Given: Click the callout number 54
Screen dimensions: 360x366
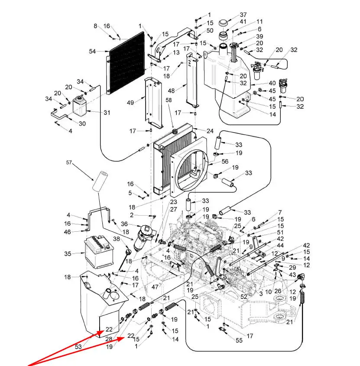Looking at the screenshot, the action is [x=92, y=51].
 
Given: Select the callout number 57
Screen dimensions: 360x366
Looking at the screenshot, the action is [x=69, y=162].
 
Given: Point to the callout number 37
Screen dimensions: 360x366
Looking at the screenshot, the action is [x=243, y=15].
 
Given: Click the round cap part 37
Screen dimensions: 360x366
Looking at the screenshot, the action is [x=223, y=23].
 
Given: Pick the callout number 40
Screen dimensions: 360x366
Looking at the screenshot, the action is [x=272, y=83].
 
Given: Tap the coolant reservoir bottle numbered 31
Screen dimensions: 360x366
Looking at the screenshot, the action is [x=80, y=106].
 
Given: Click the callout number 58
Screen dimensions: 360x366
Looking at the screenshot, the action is [x=169, y=100].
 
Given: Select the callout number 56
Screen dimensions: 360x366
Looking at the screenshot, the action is [x=225, y=161].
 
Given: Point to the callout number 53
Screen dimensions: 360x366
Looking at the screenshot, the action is [x=78, y=347].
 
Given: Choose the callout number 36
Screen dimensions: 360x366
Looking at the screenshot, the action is [x=124, y=224].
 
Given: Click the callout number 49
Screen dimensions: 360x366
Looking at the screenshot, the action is [x=130, y=103].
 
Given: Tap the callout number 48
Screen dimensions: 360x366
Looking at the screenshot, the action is [x=171, y=91].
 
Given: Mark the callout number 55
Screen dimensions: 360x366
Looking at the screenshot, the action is [x=239, y=340].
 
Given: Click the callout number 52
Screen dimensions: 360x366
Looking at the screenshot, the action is [x=243, y=296].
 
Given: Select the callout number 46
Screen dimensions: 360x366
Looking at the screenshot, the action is [x=67, y=232].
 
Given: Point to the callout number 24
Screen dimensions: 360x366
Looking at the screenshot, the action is [x=210, y=131].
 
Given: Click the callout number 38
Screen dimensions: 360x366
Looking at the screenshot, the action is [x=117, y=239].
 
